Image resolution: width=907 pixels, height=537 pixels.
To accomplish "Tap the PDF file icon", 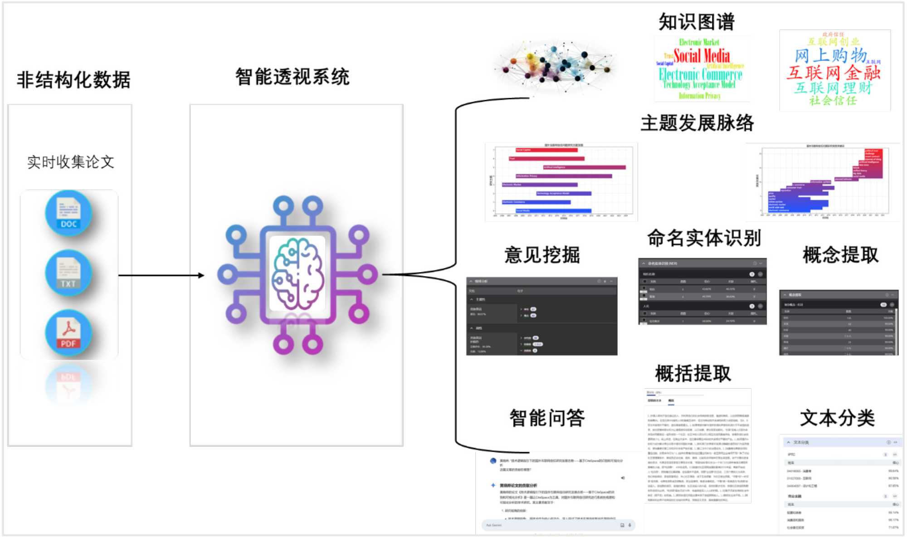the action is click(68, 333).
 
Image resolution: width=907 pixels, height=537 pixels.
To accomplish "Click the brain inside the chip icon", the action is click(297, 274).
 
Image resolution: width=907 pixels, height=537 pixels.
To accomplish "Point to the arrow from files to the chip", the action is click(161, 275).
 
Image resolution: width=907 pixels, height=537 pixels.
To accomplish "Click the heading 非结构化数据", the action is click(73, 80).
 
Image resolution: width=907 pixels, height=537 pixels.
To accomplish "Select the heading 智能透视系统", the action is click(293, 77).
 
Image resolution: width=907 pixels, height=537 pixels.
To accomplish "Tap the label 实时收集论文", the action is click(71, 162).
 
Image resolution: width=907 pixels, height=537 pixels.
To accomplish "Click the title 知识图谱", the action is click(697, 22).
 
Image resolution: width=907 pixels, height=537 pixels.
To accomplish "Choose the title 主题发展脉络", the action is click(697, 123).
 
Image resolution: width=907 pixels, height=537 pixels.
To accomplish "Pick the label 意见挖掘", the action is click(542, 255).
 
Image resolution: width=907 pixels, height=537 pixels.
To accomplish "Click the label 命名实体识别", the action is click(704, 238).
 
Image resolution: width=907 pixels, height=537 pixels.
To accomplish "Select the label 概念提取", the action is click(840, 255).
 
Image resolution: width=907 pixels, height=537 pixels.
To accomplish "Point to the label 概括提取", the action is click(693, 374).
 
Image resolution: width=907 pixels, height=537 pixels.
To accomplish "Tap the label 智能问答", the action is click(547, 418).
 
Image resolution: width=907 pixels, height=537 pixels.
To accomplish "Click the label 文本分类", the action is click(837, 418).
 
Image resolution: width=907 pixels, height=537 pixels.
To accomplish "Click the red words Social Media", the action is click(702, 56).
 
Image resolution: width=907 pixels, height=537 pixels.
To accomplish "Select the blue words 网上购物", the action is click(830, 56).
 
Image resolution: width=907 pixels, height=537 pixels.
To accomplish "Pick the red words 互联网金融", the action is click(833, 72).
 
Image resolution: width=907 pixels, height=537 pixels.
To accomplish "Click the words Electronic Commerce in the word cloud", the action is click(700, 74).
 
